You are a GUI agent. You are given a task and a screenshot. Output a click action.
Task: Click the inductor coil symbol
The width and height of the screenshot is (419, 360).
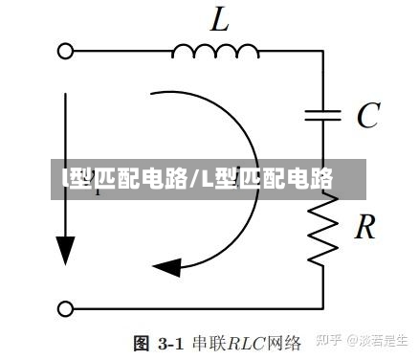[x=216, y=49]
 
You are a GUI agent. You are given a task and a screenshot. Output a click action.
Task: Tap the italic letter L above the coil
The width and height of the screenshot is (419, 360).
[x=219, y=19]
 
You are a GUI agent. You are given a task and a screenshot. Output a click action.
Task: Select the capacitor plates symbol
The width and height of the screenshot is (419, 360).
[x=323, y=116]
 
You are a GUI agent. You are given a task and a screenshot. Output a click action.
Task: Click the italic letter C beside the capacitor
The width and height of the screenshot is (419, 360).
[x=366, y=116]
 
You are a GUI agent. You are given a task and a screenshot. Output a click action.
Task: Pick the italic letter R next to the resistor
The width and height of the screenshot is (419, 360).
[x=364, y=227]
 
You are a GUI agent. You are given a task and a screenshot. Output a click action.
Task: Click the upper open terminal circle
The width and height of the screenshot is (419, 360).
[x=66, y=51]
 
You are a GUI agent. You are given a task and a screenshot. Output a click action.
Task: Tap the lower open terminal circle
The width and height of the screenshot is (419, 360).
[x=66, y=308]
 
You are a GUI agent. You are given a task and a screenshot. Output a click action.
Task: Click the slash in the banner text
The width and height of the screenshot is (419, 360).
[x=196, y=177]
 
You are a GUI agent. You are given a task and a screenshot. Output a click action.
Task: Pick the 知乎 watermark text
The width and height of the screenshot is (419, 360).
[x=330, y=340]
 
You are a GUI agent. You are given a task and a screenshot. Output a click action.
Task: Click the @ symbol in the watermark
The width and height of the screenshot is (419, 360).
[x=351, y=340]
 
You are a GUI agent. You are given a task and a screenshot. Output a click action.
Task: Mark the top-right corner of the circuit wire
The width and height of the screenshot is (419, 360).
[x=323, y=51]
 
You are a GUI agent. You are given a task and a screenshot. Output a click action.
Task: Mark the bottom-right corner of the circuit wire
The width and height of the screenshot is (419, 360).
[x=323, y=308]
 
